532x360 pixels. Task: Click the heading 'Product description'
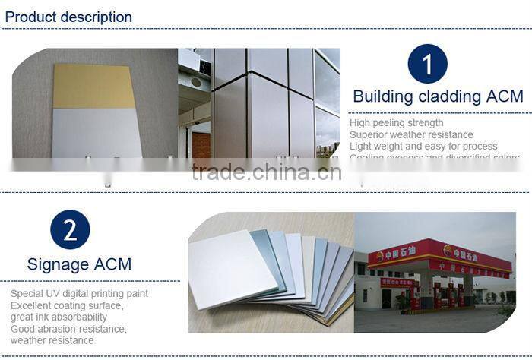click(68, 17)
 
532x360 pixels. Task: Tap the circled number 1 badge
click(427, 64)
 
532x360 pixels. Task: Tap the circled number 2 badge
click(70, 230)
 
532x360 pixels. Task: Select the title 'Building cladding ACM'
click(438, 96)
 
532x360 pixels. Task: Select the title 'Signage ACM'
click(79, 264)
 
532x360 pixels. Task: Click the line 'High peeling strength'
click(396, 123)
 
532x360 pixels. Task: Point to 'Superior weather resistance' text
click(411, 134)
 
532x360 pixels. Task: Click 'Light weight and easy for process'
click(423, 146)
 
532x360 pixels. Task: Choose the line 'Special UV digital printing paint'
click(79, 293)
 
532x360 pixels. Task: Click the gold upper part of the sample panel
click(95, 85)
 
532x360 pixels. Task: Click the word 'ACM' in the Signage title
click(112, 264)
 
